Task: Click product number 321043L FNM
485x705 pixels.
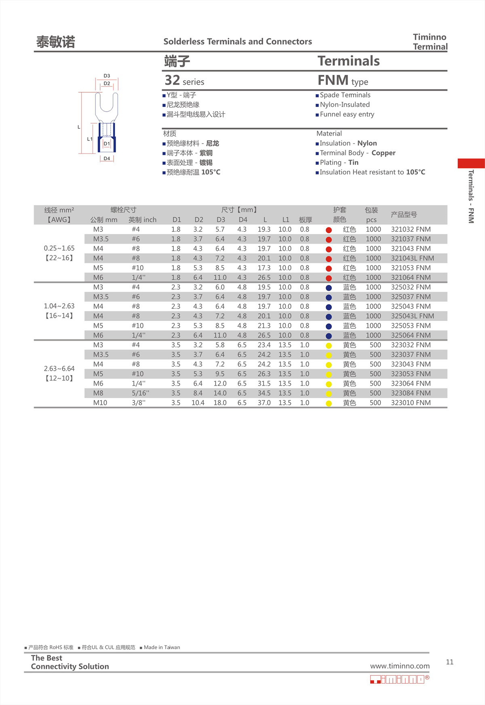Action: click(412, 258)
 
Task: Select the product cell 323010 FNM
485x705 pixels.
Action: click(411, 403)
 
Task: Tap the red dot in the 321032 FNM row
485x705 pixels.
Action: click(329, 230)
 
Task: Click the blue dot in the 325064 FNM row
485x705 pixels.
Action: click(329, 336)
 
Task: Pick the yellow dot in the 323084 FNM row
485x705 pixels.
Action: click(329, 394)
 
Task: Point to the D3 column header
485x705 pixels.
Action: click(221, 220)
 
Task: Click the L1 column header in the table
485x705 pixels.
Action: click(286, 220)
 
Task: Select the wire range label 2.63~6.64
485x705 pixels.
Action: click(59, 369)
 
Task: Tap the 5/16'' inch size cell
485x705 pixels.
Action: click(140, 393)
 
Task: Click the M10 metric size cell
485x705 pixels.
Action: click(100, 403)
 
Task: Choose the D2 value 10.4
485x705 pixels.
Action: click(198, 403)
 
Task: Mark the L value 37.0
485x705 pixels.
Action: click(264, 403)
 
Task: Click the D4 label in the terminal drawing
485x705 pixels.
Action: click(107, 159)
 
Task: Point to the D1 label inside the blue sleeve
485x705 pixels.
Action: click(107, 144)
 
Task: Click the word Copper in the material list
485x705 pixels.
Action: click(383, 153)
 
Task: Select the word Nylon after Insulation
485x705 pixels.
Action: click(367, 143)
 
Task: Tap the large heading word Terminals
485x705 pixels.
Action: click(348, 61)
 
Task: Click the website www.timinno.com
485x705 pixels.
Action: click(400, 666)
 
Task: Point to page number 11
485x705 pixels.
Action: click(449, 662)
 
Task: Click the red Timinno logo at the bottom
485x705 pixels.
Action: click(399, 679)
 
